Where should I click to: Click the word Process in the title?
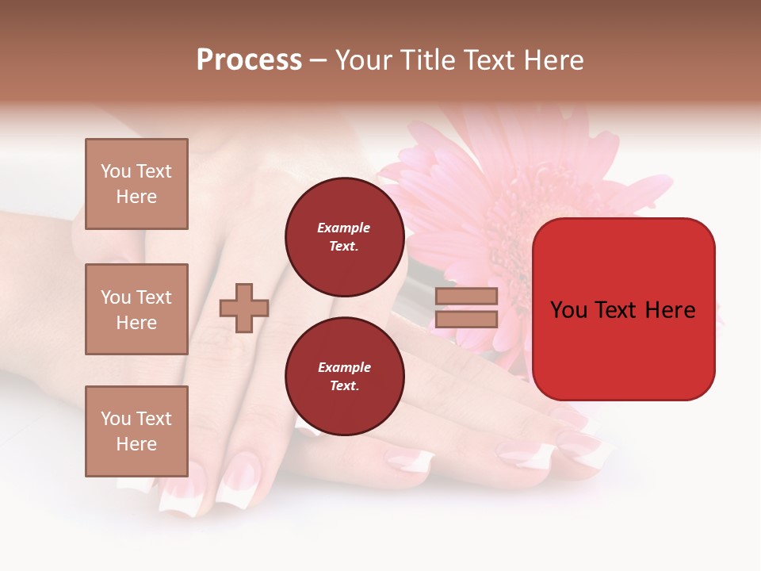click(249, 60)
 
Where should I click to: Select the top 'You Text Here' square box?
click(136, 184)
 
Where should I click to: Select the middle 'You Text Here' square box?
click(136, 309)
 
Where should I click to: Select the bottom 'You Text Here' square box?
click(136, 431)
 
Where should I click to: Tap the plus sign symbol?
click(244, 308)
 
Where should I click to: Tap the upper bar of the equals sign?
click(466, 296)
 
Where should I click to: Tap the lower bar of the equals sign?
click(466, 319)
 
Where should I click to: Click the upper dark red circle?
click(344, 236)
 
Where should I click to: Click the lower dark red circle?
click(344, 376)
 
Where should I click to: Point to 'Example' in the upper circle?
click(344, 228)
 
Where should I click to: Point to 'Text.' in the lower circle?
click(344, 385)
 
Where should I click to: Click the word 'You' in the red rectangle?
click(568, 310)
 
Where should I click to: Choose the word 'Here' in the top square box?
click(136, 197)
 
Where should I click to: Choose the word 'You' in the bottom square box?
click(116, 419)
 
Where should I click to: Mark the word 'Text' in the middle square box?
click(154, 297)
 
